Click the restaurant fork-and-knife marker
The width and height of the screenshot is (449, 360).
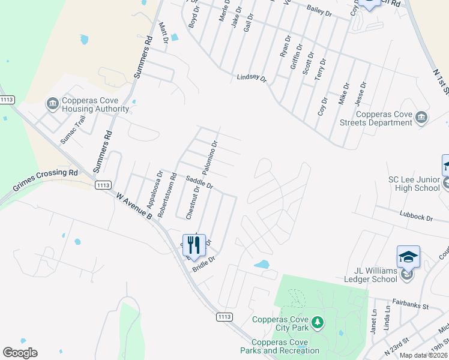194,245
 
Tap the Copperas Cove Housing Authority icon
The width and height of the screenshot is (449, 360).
52,104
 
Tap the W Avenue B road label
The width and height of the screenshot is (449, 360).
135,204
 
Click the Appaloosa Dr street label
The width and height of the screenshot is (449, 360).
151,190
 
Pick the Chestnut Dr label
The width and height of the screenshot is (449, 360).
192,202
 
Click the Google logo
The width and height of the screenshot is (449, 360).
20,353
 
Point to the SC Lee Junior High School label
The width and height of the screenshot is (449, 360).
414,184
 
